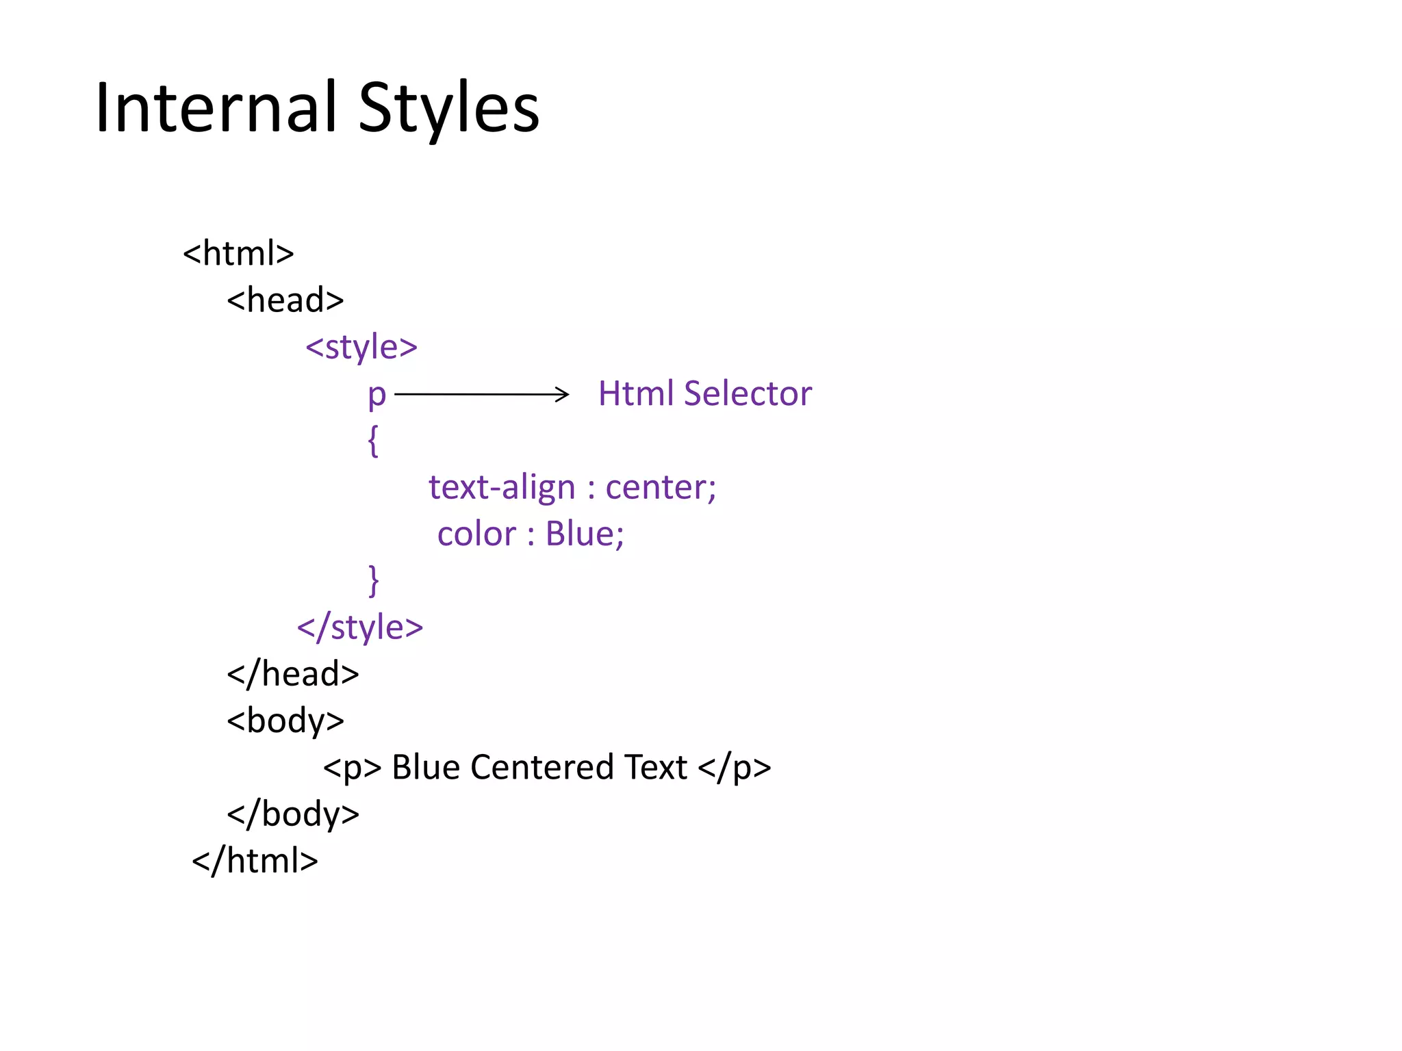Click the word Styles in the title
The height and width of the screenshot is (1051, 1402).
[x=448, y=107]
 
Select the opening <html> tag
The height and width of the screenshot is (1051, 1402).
[x=238, y=254]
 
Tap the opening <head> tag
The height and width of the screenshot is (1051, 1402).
[x=285, y=300]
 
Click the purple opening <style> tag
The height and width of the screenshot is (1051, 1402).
[x=361, y=347]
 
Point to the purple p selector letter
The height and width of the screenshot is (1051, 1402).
[x=377, y=395]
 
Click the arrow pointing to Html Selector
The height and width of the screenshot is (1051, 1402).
[x=481, y=394]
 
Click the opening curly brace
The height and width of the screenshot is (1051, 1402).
[x=373, y=441]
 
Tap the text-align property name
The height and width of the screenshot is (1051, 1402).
[x=502, y=487]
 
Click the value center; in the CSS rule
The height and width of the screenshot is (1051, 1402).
[x=661, y=487]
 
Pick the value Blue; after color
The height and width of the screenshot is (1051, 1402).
[x=585, y=534]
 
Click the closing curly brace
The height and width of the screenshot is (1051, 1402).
[x=373, y=581]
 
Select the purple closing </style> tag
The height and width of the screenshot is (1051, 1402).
[x=360, y=627]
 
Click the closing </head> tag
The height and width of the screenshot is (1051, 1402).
[x=293, y=674]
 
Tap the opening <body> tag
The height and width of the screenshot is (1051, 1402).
[x=285, y=721]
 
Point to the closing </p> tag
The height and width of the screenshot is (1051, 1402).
[x=735, y=768]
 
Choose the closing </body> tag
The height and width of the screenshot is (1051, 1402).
[x=293, y=814]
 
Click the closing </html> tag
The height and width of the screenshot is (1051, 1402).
[x=255, y=861]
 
